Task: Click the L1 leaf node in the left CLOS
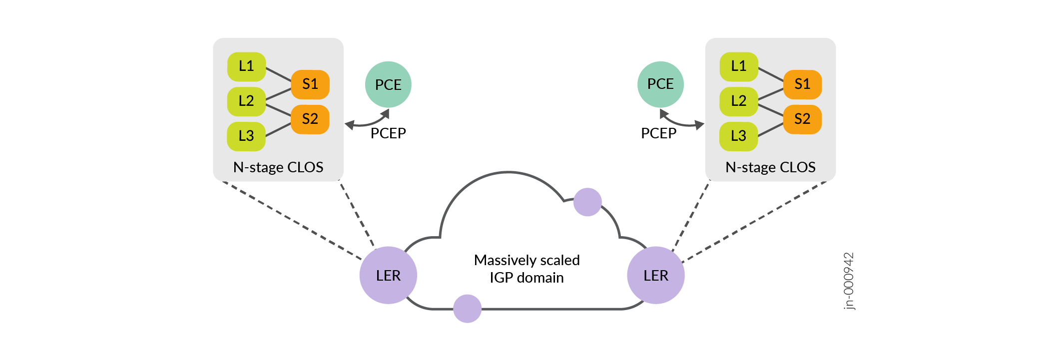point(246,66)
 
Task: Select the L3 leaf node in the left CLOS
point(246,136)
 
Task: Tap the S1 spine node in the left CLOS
point(310,84)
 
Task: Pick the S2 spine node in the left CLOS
point(310,119)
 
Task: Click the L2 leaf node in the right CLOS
point(738,101)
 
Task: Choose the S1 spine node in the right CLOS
point(802,84)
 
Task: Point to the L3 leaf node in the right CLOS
point(738,136)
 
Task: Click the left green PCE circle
point(388,84)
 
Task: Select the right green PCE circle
point(660,84)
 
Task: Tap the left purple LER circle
point(388,275)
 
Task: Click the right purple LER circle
point(656,275)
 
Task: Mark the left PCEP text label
point(388,133)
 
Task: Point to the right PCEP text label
point(658,133)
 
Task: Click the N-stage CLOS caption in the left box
point(278,167)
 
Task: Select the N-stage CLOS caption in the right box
point(770,167)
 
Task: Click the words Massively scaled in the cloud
point(526,260)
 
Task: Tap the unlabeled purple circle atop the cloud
point(587,202)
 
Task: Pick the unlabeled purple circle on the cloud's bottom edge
point(467,309)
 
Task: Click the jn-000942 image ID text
point(849,281)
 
